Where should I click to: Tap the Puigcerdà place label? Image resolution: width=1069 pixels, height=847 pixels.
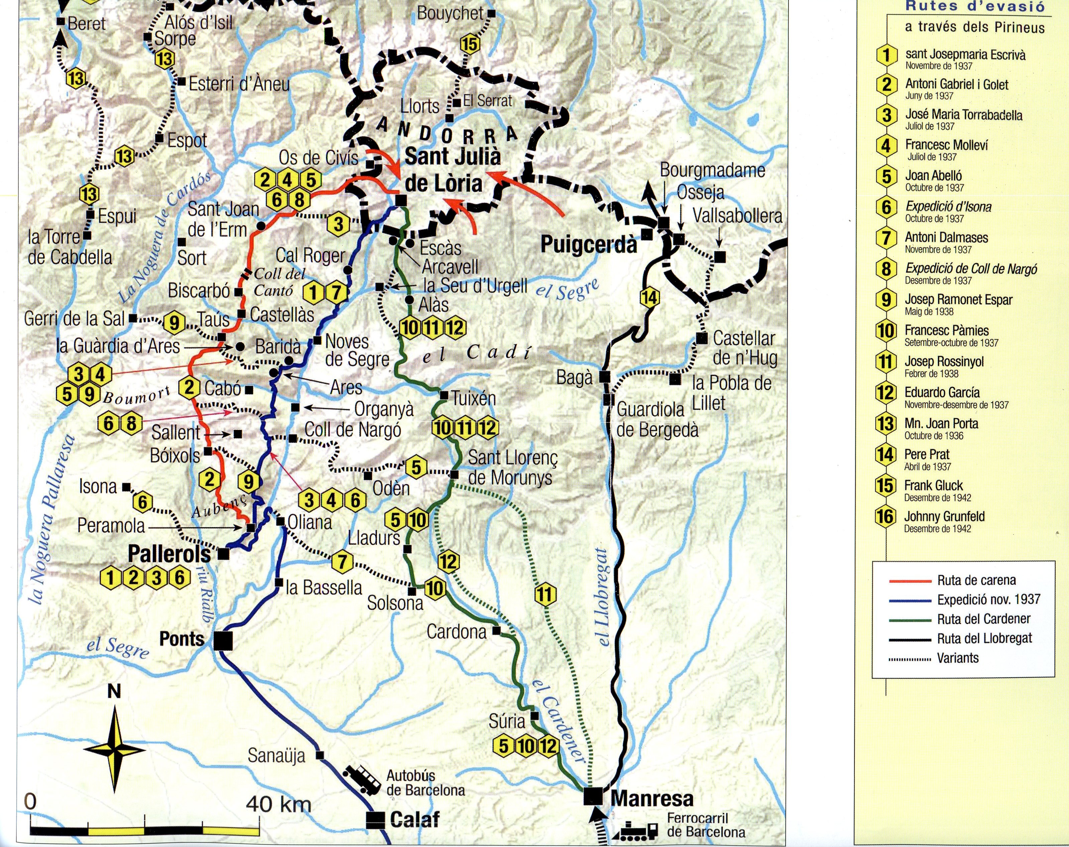pos(588,244)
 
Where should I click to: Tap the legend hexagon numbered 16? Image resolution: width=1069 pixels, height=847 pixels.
pos(885,517)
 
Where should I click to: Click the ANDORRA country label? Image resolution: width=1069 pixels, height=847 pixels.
pos(446,132)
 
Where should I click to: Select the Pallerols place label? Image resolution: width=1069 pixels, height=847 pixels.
pos(169,554)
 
